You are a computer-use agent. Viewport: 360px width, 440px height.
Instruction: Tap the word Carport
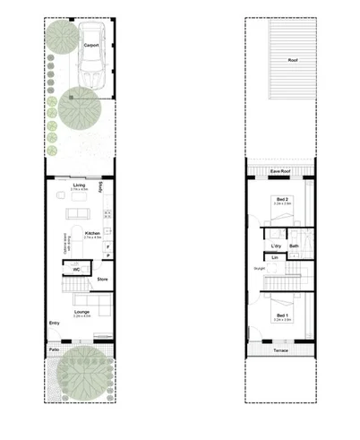point(91,43)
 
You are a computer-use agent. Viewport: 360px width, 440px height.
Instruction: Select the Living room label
point(79,185)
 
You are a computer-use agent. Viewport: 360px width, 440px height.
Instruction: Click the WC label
point(77,267)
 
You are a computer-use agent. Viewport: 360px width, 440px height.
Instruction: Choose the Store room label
point(102,280)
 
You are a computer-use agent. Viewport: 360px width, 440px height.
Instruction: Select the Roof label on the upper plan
point(292,61)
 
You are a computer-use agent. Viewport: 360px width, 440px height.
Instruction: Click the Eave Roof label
point(280,168)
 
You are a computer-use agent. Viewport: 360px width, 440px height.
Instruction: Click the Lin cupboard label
point(276,258)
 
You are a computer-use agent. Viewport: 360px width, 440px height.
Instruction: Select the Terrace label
point(280,351)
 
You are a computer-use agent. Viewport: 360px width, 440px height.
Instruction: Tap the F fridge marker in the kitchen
point(107,245)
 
